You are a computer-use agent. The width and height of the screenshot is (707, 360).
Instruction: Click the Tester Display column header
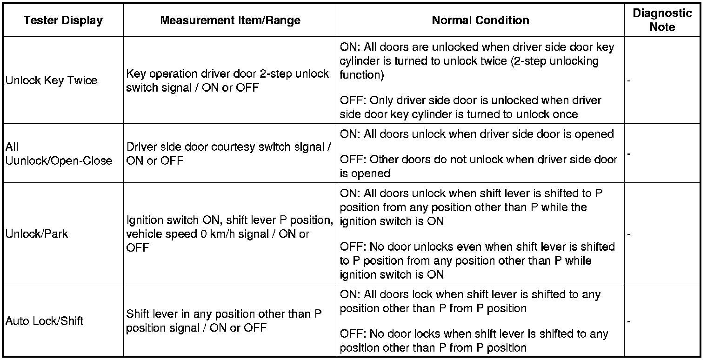tap(63, 20)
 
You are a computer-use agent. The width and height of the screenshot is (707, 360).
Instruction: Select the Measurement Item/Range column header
tap(230, 20)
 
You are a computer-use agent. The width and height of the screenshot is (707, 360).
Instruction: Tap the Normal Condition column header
tap(480, 20)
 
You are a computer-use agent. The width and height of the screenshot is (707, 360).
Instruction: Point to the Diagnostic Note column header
tap(662, 20)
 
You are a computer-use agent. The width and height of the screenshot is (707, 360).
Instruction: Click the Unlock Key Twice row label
tap(51, 80)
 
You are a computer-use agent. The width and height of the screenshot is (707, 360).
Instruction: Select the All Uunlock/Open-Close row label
tap(59, 154)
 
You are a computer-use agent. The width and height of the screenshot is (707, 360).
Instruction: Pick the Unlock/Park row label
tap(37, 233)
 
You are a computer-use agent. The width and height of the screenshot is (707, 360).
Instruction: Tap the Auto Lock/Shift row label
tap(45, 321)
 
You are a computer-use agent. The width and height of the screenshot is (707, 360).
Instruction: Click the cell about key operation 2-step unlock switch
tap(227, 80)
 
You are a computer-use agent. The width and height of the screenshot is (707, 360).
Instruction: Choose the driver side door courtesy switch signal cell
tap(228, 154)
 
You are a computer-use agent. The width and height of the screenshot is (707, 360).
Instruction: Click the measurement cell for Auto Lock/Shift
tap(224, 321)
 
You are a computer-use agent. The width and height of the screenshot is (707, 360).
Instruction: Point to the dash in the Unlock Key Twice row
tap(629, 81)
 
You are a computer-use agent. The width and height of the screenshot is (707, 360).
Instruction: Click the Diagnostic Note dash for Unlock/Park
tap(629, 234)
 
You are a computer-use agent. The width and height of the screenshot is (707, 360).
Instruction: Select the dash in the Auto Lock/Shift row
tap(629, 321)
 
